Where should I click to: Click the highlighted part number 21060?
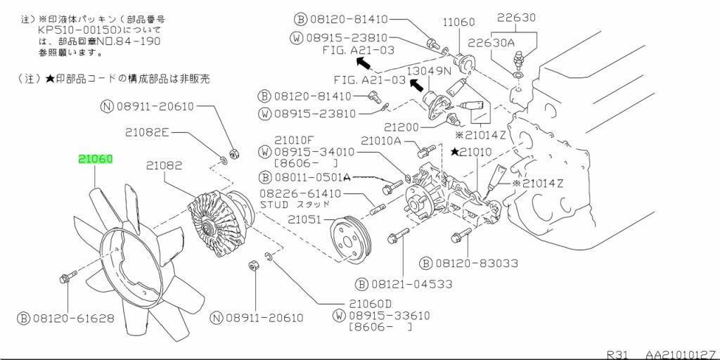95,160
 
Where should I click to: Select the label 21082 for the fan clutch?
164,167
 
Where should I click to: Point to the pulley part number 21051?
304,219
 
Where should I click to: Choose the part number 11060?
460,22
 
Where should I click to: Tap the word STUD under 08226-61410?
274,205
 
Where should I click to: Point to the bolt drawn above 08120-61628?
65,278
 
